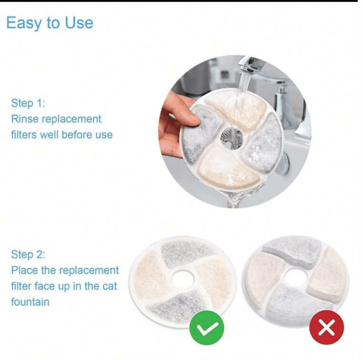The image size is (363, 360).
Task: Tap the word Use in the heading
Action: (79, 23)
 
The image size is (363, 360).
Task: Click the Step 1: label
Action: (28, 103)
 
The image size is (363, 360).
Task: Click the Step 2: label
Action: (28, 254)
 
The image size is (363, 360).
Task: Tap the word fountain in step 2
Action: (30, 302)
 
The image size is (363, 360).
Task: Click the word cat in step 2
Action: (110, 286)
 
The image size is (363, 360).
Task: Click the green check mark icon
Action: (207, 328)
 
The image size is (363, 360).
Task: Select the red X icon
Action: (327, 327)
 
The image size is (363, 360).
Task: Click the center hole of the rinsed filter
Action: (232, 138)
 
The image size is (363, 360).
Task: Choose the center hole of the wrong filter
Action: (296, 276)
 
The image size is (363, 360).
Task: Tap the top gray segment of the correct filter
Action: (186, 253)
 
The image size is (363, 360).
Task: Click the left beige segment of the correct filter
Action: (152, 275)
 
